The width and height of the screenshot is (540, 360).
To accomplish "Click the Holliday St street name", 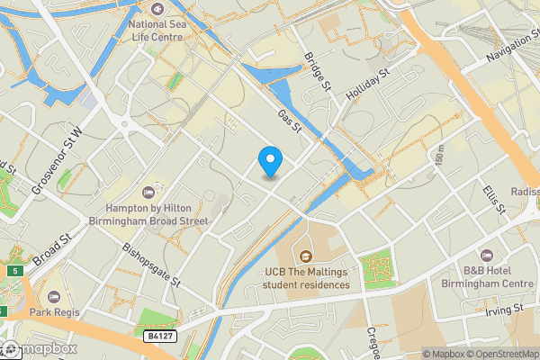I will tap(368, 86).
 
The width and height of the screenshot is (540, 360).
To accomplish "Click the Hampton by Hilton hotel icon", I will tap(148, 191).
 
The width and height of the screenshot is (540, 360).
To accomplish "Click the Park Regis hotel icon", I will tap(52, 297).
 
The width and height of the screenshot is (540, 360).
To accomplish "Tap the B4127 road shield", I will tap(159, 336).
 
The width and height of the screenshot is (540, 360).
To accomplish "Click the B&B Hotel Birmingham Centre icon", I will tap(487, 256).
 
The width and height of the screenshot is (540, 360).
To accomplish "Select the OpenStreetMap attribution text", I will tap(500, 353).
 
